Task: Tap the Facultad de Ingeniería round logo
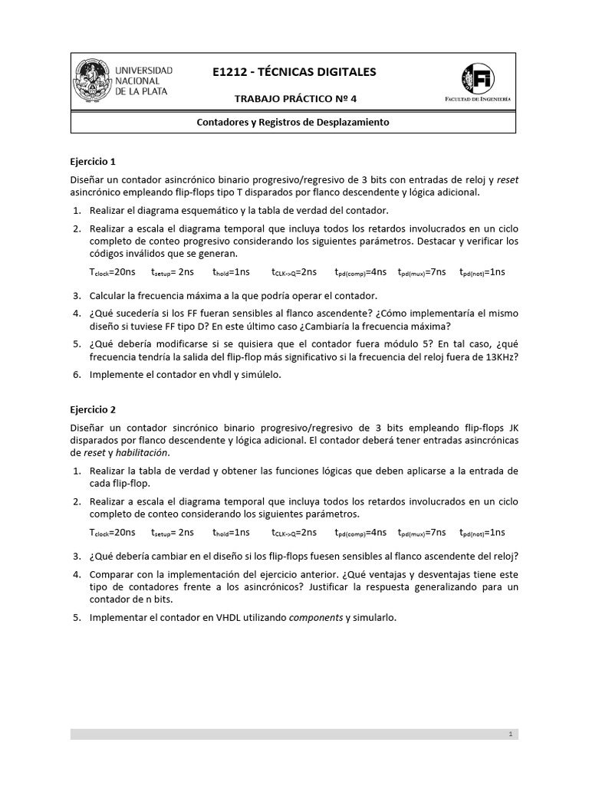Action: click(479, 79)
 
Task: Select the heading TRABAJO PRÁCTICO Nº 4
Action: click(294, 99)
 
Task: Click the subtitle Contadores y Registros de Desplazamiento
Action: click(294, 122)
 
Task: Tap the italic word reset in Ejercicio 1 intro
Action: click(508, 180)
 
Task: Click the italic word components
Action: click(315, 617)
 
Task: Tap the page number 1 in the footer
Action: click(510, 734)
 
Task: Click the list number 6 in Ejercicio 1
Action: click(77, 375)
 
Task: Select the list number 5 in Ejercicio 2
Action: click(77, 617)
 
